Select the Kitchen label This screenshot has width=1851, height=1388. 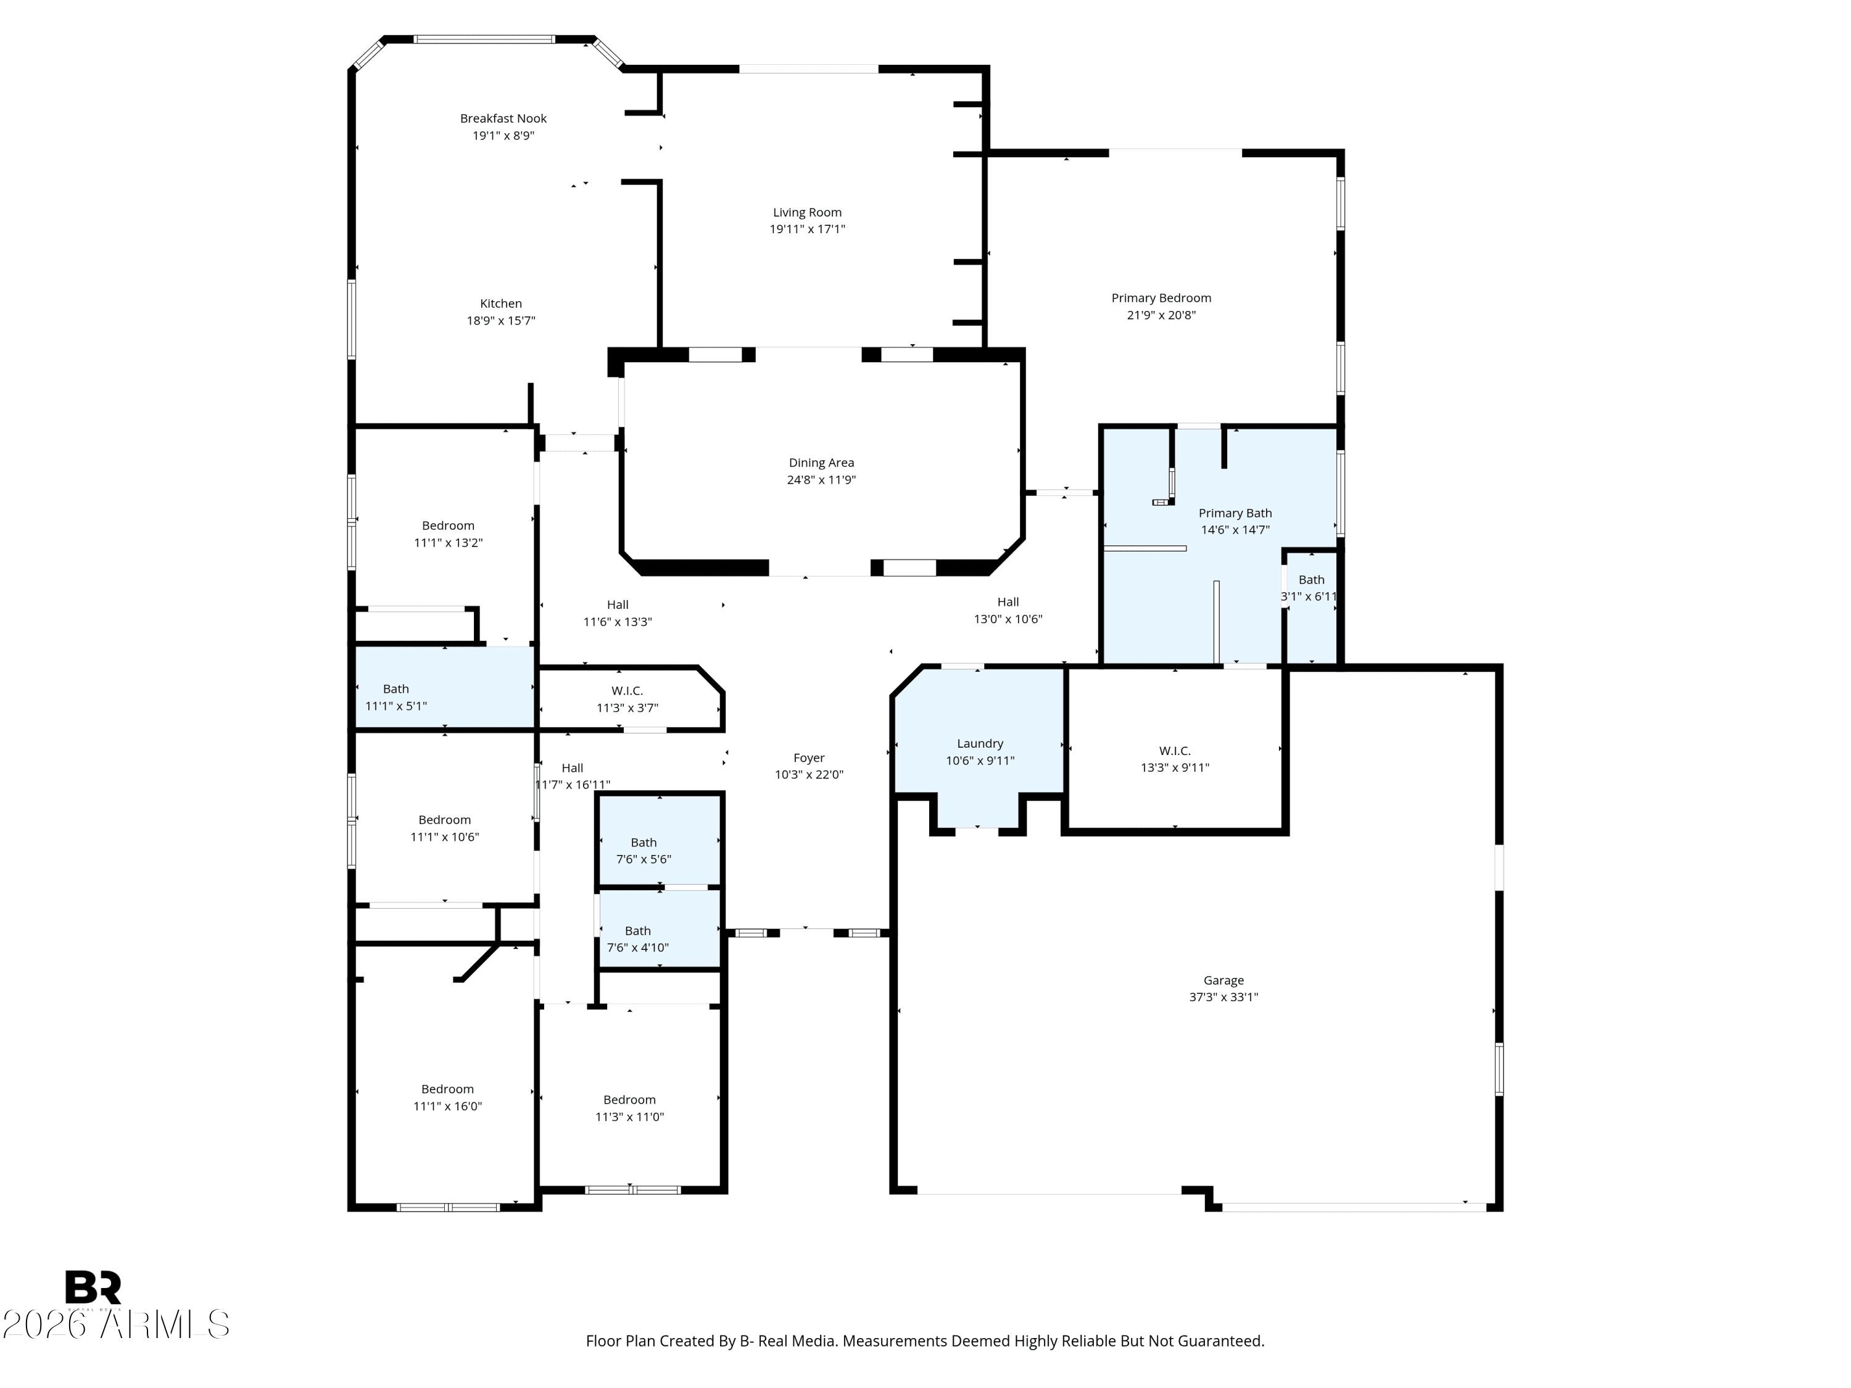pyautogui.click(x=500, y=304)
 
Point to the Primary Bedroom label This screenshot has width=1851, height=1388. pyautogui.click(x=1161, y=298)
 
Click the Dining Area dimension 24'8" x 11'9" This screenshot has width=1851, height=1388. pyautogui.click(x=821, y=480)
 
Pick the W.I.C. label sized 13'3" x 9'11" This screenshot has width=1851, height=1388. pyautogui.click(x=1175, y=751)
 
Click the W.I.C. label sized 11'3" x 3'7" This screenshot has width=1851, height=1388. pyautogui.click(x=627, y=691)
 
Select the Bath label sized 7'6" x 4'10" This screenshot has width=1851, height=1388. pyautogui.click(x=637, y=930)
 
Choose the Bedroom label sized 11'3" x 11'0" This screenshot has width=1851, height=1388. pyautogui.click(x=629, y=1100)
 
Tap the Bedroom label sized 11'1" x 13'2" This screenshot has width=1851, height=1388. pyautogui.click(x=449, y=526)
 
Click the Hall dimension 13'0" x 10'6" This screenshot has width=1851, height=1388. pyautogui.click(x=1008, y=620)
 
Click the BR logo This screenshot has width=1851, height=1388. pyautogui.click(x=93, y=1287)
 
